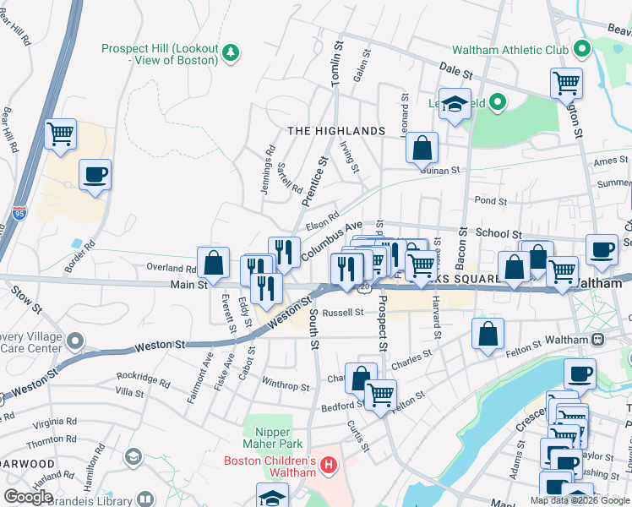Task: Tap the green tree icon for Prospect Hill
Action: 230,54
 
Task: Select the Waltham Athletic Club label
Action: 510,49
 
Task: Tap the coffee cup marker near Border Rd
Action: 95,175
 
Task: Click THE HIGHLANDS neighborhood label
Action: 335,131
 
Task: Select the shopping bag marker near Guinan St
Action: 422,148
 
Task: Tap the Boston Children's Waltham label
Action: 270,466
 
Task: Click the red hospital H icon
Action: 329,466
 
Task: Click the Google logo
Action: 29,496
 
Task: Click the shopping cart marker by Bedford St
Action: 381,394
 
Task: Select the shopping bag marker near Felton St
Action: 488,333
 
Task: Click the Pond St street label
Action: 490,201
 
